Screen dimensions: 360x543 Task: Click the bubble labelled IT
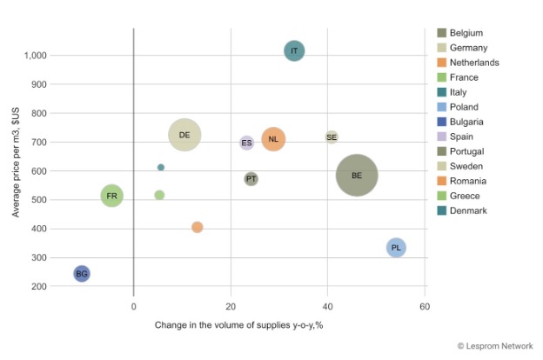point(294,51)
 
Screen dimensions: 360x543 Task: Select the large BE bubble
point(357,176)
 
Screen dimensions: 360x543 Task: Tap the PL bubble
point(396,248)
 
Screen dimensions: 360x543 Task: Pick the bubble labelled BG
point(82,274)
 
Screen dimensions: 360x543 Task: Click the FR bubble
point(111,197)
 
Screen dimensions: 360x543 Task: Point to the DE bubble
point(184,135)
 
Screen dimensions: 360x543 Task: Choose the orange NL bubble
point(273,139)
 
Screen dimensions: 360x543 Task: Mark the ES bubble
point(247,143)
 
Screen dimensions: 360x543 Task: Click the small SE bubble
point(332,137)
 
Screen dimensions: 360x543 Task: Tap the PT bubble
point(251,179)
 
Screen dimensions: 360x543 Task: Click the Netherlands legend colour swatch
point(442,63)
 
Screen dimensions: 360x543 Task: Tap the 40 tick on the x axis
point(327,307)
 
